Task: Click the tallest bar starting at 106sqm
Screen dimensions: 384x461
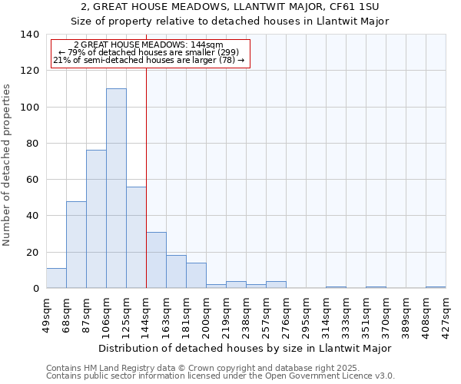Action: (x=116, y=188)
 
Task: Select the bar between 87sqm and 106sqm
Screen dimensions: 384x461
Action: (x=96, y=219)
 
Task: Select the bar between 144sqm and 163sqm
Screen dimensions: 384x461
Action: (x=156, y=260)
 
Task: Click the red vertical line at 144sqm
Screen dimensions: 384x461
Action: (x=146, y=177)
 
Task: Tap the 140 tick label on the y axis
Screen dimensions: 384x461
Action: (x=29, y=35)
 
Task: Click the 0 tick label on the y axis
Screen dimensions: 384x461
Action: (x=35, y=289)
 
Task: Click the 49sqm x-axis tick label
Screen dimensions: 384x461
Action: (x=46, y=315)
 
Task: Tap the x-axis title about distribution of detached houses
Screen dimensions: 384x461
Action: (x=245, y=348)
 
